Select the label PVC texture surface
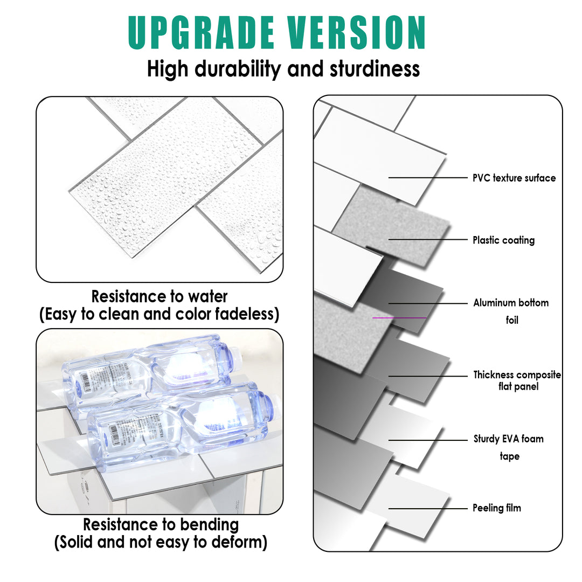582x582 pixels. pos(514,178)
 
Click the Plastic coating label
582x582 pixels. pos(503,240)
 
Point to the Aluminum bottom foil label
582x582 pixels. pos(511,311)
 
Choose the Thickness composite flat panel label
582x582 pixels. pos(517,380)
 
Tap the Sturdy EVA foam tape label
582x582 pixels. pos(509,447)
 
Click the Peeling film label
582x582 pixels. pos(497,508)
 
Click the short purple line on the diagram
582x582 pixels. pos(399,318)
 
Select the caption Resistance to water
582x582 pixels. pos(160,296)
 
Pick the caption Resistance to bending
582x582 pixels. pos(161,524)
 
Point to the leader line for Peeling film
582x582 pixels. pos(428,508)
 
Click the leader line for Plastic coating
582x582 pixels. pos(428,239)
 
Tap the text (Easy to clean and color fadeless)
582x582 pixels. pos(160,314)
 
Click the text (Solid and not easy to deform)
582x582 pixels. pos(161,542)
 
